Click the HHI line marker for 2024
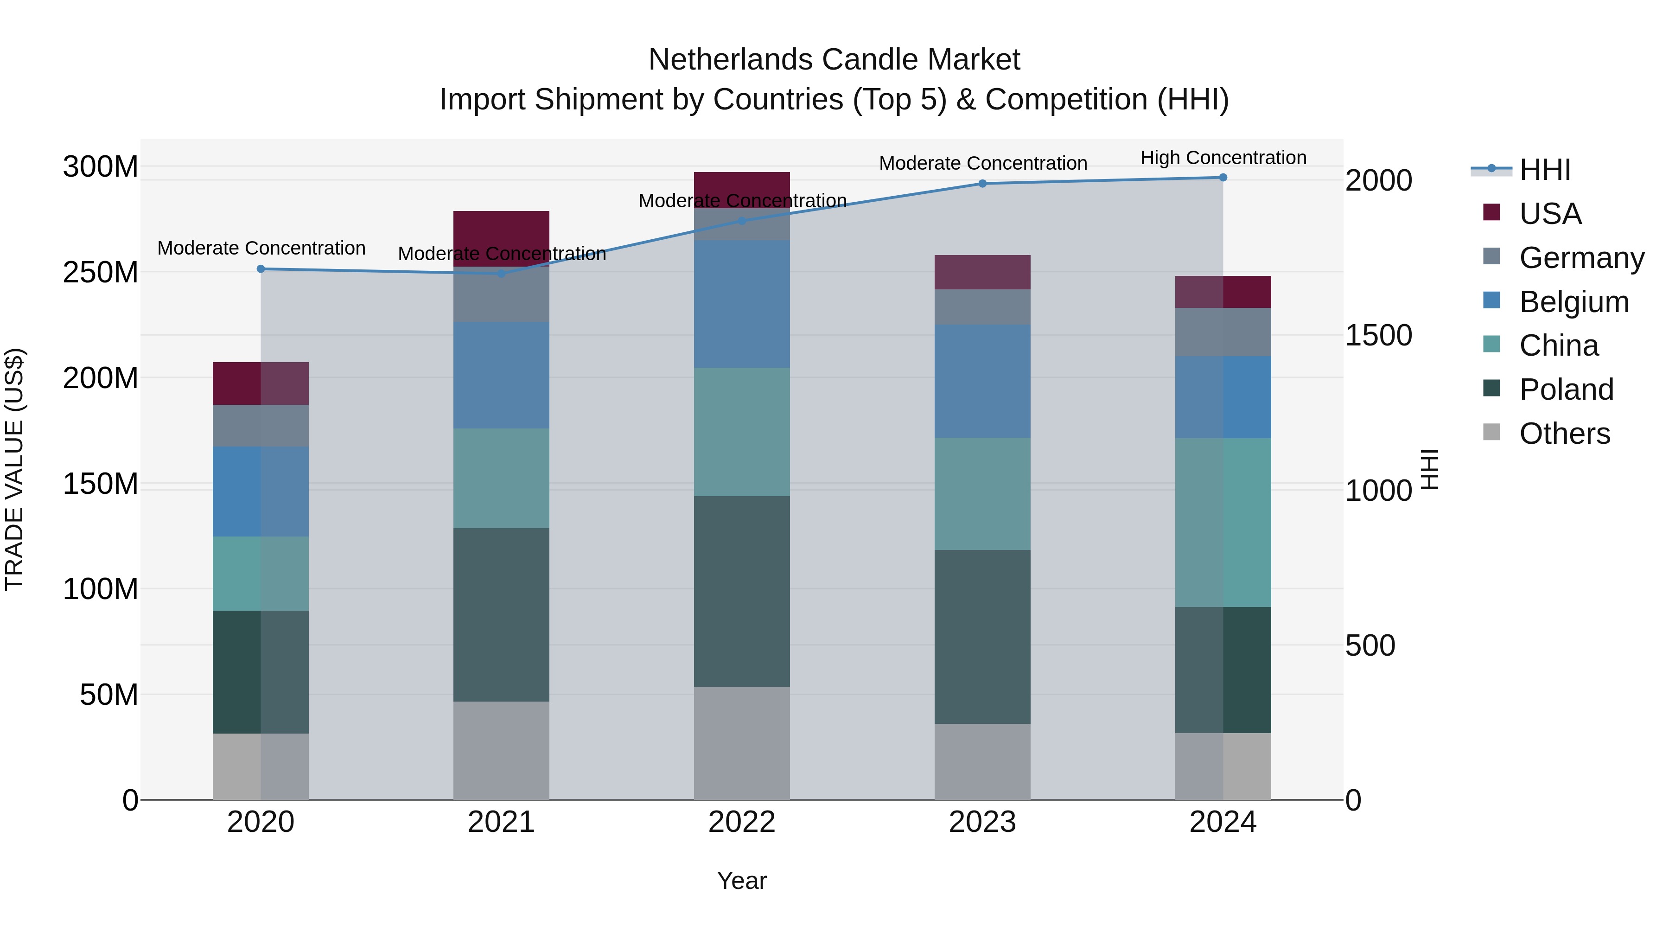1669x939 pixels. tap(1223, 178)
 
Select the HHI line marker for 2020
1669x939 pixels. tap(261, 269)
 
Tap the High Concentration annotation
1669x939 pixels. tap(1223, 158)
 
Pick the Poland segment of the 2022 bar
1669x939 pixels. tap(742, 591)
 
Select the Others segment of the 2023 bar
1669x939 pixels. tap(982, 761)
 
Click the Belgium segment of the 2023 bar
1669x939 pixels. tap(982, 381)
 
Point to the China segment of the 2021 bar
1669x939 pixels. tap(501, 478)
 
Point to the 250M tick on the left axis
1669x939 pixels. tap(101, 272)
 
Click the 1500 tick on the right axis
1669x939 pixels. tap(1378, 335)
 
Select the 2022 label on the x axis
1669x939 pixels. tap(742, 822)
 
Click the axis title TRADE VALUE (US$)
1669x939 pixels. tap(15, 469)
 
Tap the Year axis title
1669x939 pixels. tap(742, 881)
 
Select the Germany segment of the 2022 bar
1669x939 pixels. tap(742, 224)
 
